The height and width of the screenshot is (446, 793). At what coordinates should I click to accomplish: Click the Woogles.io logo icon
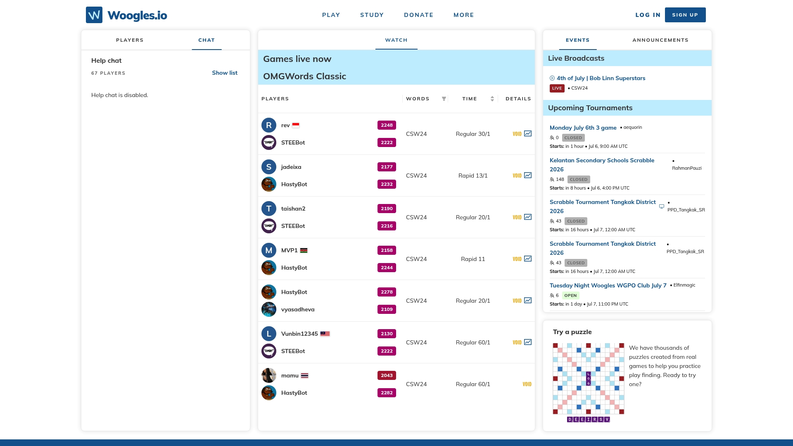pos(94,15)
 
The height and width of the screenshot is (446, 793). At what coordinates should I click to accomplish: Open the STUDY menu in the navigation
pos(372,15)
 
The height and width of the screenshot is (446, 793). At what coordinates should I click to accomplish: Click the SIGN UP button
pos(685,15)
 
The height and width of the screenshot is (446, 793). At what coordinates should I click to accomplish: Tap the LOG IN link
pos(648,15)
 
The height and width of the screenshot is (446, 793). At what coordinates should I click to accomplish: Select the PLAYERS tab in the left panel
pos(130,40)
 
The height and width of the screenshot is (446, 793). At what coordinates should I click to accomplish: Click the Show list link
pos(225,73)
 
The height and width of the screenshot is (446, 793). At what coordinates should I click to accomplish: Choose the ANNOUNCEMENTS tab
pos(660,40)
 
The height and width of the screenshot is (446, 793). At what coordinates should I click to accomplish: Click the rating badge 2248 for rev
pos(387,125)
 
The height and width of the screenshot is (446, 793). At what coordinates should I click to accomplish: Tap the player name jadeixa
pos(291,167)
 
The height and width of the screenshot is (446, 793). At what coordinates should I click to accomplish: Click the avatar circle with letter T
pos(269,209)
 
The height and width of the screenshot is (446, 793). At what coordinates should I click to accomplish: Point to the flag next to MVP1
pos(304,251)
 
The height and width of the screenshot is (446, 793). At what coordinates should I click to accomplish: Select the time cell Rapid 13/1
pos(473,176)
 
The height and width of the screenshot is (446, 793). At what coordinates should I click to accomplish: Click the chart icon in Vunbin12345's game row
pos(528,342)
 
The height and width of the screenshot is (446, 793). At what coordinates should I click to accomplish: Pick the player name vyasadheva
pos(298,309)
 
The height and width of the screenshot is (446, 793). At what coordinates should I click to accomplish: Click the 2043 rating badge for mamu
pos(387,375)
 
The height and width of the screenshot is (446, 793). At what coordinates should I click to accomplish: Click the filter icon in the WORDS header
pos(444,99)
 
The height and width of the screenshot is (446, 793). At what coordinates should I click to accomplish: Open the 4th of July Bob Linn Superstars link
pos(601,78)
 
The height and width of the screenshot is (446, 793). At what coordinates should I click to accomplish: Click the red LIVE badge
pos(557,88)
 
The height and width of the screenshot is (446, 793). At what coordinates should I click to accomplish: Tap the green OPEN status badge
pos(570,296)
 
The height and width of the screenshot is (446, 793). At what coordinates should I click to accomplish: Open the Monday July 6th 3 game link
pos(583,128)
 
